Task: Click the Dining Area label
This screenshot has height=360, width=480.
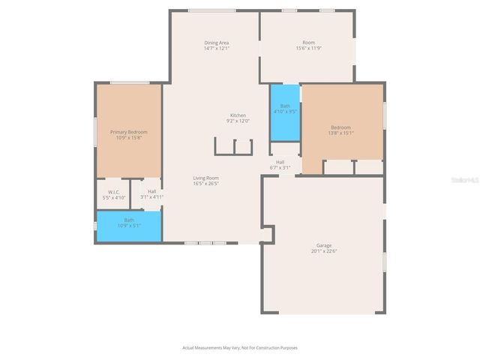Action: click(216, 43)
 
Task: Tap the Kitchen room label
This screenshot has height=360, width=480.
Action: click(238, 115)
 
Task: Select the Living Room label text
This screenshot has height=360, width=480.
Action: click(205, 178)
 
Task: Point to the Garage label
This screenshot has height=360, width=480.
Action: click(323, 245)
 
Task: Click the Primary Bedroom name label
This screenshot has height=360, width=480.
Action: click(128, 132)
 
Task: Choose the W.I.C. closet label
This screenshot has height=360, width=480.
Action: click(114, 191)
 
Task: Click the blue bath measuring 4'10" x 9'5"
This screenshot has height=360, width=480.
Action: click(285, 111)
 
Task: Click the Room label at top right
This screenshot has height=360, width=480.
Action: click(308, 43)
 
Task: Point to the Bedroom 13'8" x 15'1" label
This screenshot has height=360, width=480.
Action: click(341, 127)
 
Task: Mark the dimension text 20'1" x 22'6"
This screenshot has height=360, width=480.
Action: click(323, 251)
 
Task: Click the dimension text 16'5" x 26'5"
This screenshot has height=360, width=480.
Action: click(205, 183)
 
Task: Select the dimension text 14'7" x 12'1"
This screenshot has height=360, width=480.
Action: click(216, 48)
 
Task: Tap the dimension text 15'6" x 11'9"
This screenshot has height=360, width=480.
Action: click(308, 48)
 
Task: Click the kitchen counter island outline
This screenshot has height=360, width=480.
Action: click(233, 146)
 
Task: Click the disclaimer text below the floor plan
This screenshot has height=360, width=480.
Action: click(240, 347)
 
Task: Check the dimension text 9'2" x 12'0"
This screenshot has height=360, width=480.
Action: click(238, 121)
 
